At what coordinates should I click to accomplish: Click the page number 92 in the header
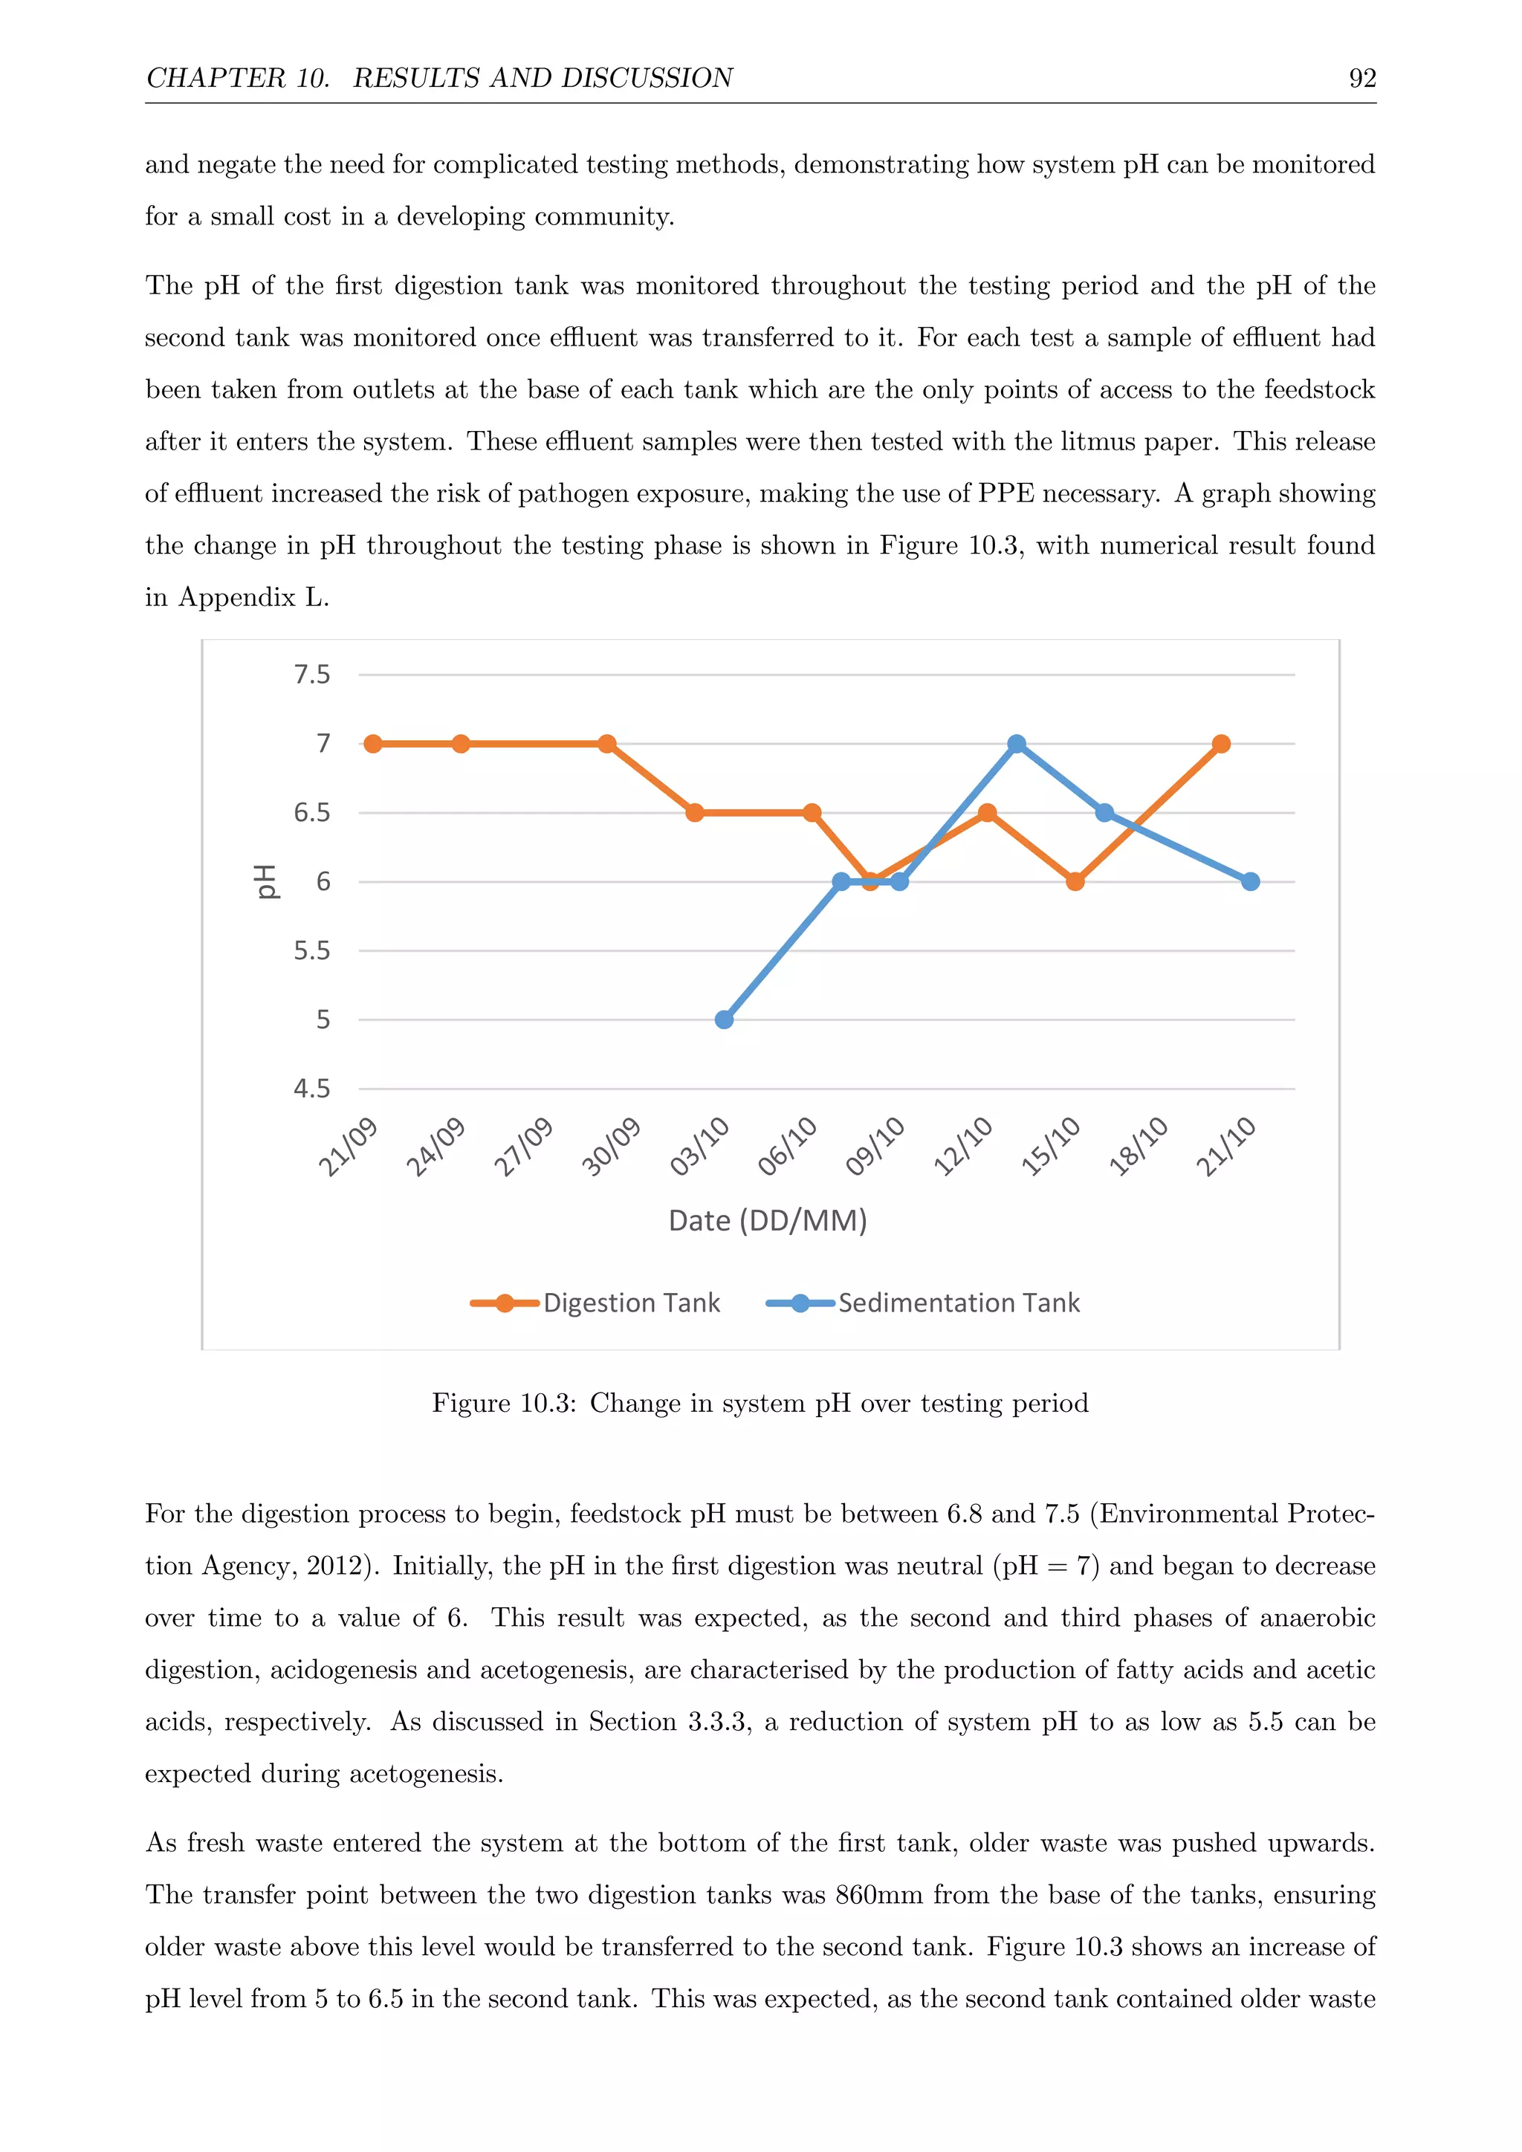[1361, 78]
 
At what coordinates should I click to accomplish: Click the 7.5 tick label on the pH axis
[312, 675]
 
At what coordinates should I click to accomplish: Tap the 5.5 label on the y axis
[312, 950]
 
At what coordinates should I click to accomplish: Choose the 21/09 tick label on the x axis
[348, 1147]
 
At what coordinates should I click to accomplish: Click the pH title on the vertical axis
[267, 881]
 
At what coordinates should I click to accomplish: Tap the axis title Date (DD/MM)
[768, 1220]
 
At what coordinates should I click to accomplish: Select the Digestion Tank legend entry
[631, 1303]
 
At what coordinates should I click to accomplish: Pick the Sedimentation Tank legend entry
[958, 1303]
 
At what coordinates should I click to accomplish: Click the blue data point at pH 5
[725, 1019]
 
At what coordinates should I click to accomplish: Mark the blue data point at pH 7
[1017, 743]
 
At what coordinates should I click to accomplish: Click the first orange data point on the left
[373, 743]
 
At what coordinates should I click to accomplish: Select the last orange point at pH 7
[1221, 743]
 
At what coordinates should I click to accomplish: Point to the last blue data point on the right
[1250, 881]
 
